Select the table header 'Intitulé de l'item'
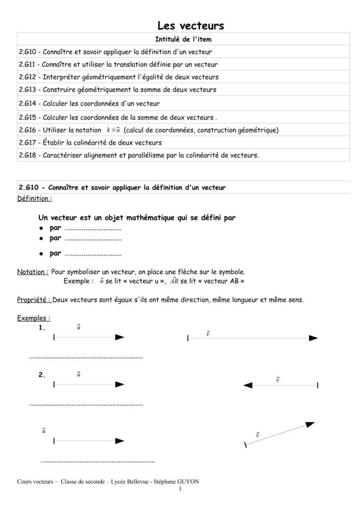[184, 39]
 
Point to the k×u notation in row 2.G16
[113, 130]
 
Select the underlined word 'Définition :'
[34, 198]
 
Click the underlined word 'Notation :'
[33, 272]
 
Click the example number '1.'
[42, 328]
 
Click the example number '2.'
[42, 375]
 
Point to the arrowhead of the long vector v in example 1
[313, 338]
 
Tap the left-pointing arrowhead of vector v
[248, 385]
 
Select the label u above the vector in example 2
[79, 373]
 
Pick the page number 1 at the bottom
[180, 489]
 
